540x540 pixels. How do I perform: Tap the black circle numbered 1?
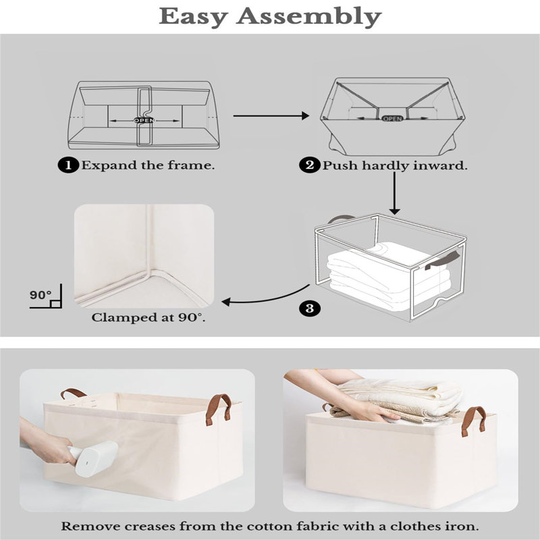pyautogui.click(x=68, y=165)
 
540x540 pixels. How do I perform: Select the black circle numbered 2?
pyautogui.click(x=310, y=165)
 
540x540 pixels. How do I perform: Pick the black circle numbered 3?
pyautogui.click(x=310, y=308)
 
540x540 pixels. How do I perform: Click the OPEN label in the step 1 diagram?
pyautogui.click(x=144, y=120)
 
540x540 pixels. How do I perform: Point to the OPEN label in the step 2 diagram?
pyautogui.click(x=392, y=119)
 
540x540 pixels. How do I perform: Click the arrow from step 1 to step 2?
pyautogui.click(x=271, y=115)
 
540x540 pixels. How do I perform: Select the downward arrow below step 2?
pyautogui.click(x=395, y=193)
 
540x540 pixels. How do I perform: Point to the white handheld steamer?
pyautogui.click(x=93, y=458)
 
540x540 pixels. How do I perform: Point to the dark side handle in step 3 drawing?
pyautogui.click(x=442, y=261)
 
